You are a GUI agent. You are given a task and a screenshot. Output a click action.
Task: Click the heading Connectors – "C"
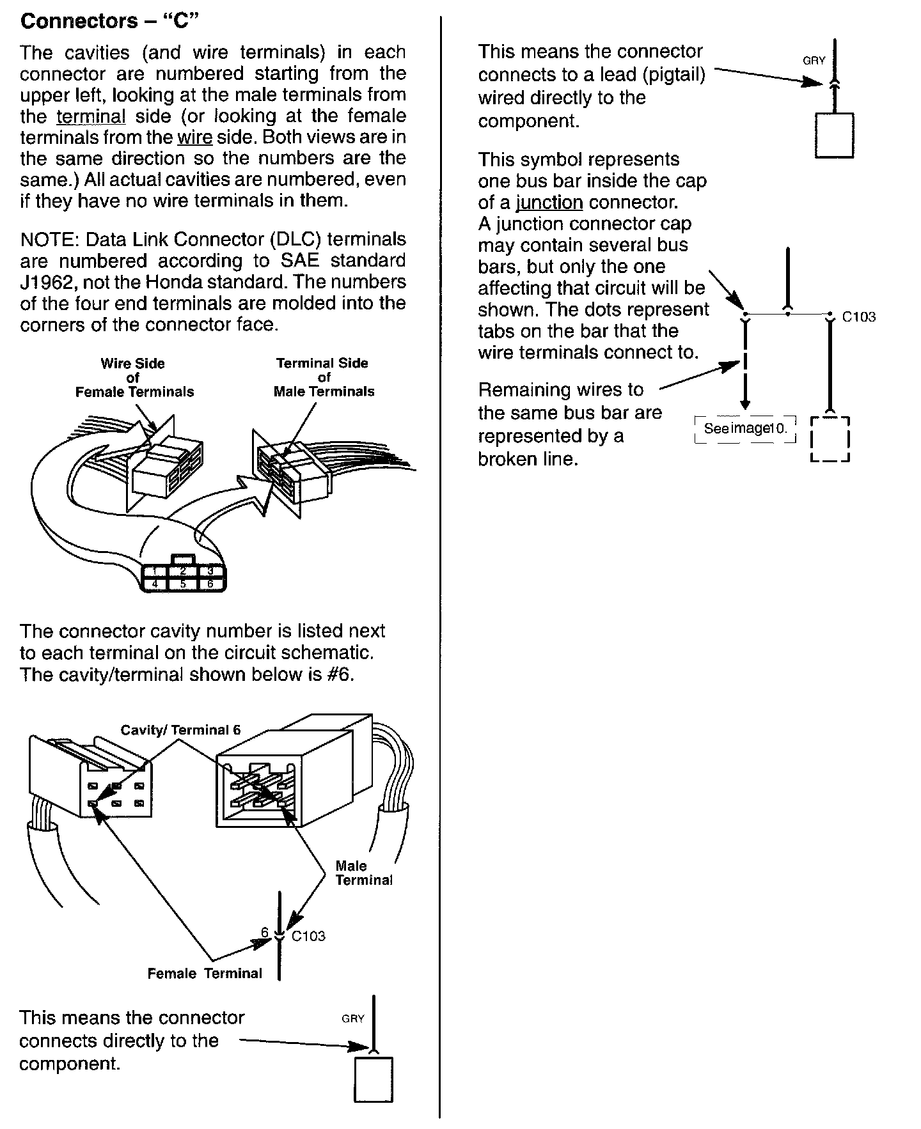tap(110, 22)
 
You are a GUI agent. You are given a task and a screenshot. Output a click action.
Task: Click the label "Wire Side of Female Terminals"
tap(134, 378)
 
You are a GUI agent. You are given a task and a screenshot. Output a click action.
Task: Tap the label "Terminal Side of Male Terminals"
tap(323, 377)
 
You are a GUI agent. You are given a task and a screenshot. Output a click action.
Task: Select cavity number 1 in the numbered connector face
tap(155, 571)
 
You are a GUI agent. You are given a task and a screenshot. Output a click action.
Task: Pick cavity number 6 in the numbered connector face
tap(210, 584)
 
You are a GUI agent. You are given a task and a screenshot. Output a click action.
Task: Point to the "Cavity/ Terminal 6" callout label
tap(181, 730)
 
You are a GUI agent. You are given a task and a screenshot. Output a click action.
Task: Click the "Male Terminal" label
tap(363, 873)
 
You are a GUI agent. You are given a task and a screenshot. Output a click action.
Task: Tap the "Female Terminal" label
tap(205, 974)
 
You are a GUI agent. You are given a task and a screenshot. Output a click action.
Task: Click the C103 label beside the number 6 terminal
tap(308, 936)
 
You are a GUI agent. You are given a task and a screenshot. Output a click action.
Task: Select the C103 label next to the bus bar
tap(858, 316)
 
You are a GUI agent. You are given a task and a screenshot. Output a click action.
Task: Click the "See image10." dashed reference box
tap(745, 429)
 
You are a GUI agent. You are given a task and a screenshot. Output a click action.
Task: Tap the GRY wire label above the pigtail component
tap(814, 61)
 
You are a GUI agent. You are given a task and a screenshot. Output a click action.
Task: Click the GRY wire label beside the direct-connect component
tap(352, 1018)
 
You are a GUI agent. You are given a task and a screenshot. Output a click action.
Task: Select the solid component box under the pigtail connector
tap(834, 135)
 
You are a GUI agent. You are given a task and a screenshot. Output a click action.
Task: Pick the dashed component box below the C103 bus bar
tap(830, 439)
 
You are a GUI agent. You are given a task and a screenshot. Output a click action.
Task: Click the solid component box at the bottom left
tap(374, 1080)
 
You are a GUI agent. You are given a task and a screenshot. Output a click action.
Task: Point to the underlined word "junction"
tap(549, 203)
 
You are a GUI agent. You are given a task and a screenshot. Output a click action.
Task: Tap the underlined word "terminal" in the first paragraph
tap(91, 116)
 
